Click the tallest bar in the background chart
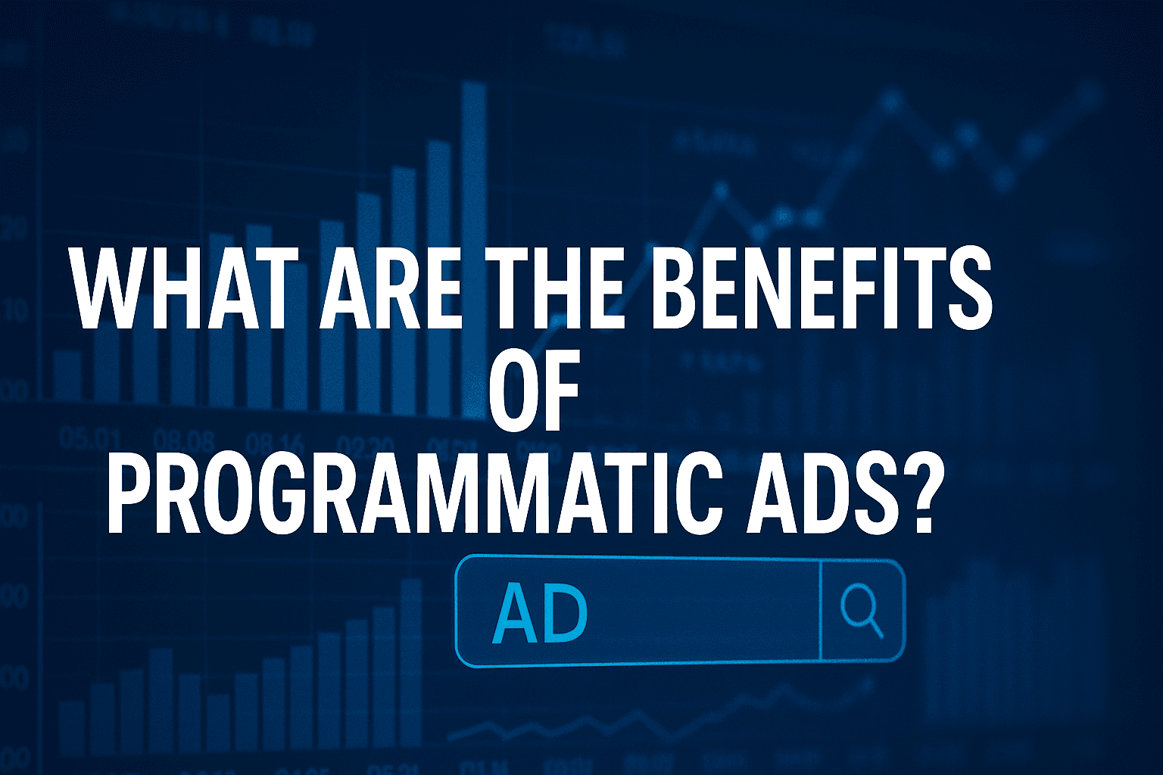[474, 250]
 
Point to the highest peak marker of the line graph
[892, 99]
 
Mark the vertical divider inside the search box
[821, 612]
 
